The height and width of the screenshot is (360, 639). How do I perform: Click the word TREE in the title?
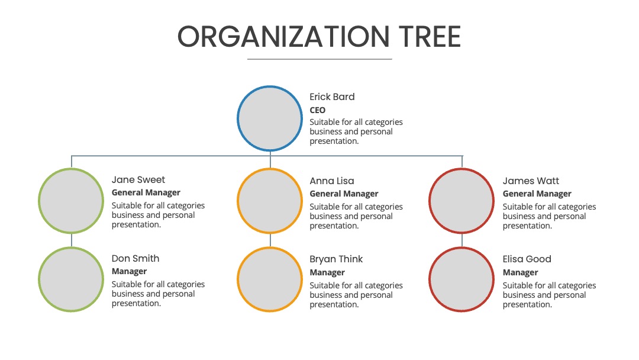click(x=430, y=37)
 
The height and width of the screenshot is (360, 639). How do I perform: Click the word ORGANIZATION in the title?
click(x=283, y=37)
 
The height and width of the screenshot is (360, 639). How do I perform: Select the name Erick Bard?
click(x=332, y=97)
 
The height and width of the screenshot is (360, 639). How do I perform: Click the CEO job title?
click(x=318, y=110)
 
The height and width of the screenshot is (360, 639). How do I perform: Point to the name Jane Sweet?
click(x=138, y=179)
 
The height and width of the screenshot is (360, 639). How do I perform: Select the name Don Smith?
click(x=135, y=258)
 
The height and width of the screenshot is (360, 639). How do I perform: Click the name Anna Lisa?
click(x=332, y=181)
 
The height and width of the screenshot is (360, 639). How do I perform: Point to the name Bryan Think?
click(x=336, y=259)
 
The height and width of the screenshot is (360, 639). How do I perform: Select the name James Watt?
click(x=531, y=181)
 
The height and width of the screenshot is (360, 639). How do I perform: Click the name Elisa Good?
click(x=527, y=259)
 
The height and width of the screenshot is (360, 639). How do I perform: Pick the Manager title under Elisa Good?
click(x=521, y=272)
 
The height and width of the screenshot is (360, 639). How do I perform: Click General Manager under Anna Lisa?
click(x=344, y=194)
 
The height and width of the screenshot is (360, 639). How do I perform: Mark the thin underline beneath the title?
click(x=319, y=59)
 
